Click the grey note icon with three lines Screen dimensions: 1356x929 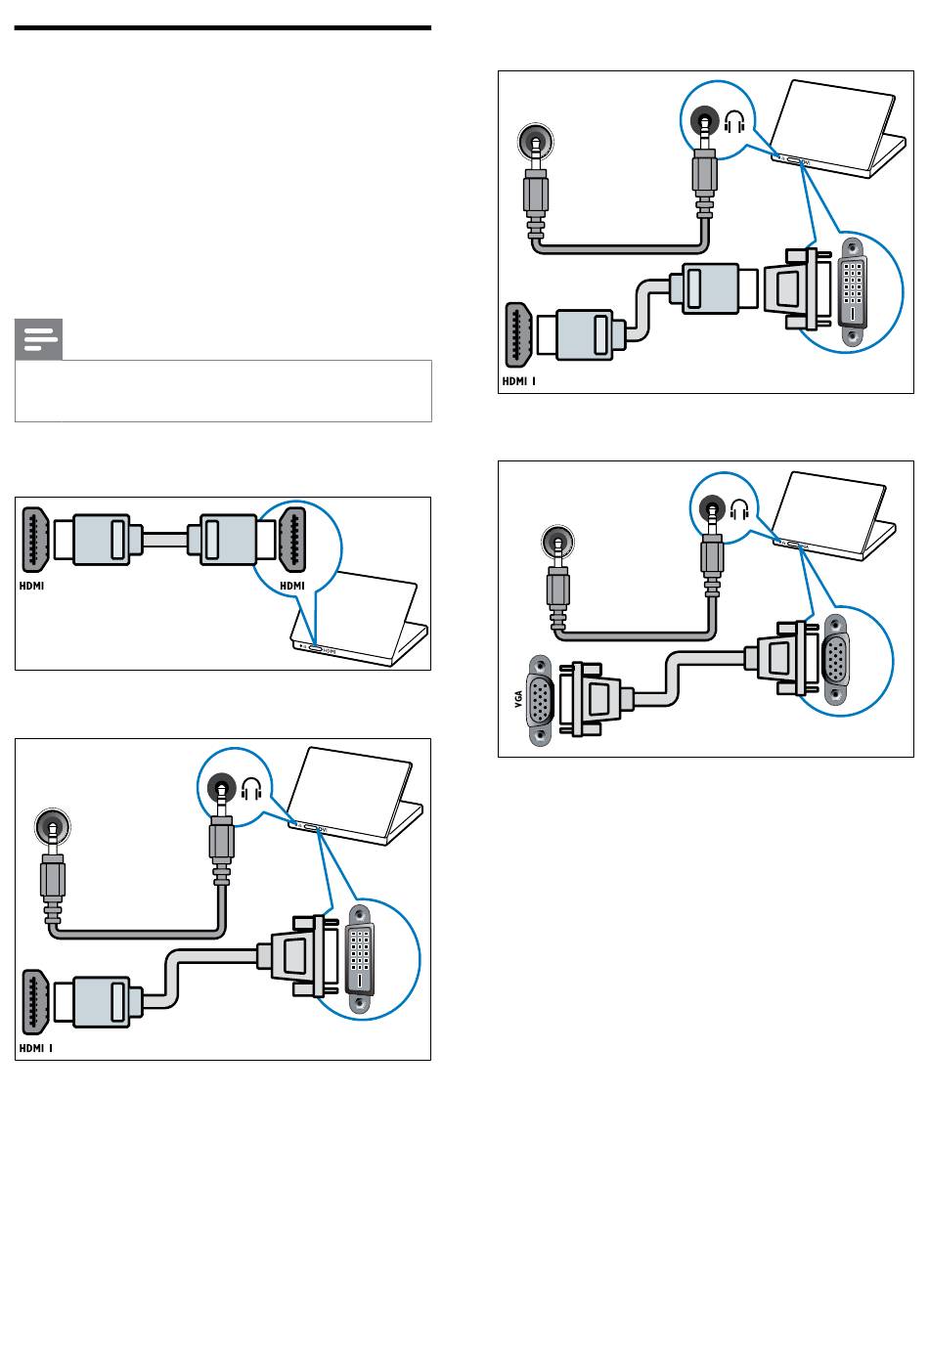38,339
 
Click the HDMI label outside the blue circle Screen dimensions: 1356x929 32,587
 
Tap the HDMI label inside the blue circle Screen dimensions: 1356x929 292,586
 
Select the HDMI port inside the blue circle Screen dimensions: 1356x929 292,538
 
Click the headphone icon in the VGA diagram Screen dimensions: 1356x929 740,508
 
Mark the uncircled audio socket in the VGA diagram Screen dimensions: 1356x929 557,543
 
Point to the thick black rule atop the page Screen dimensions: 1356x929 223,28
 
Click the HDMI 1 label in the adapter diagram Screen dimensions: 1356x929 518,381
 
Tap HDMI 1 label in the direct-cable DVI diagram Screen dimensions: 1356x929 34,1047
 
